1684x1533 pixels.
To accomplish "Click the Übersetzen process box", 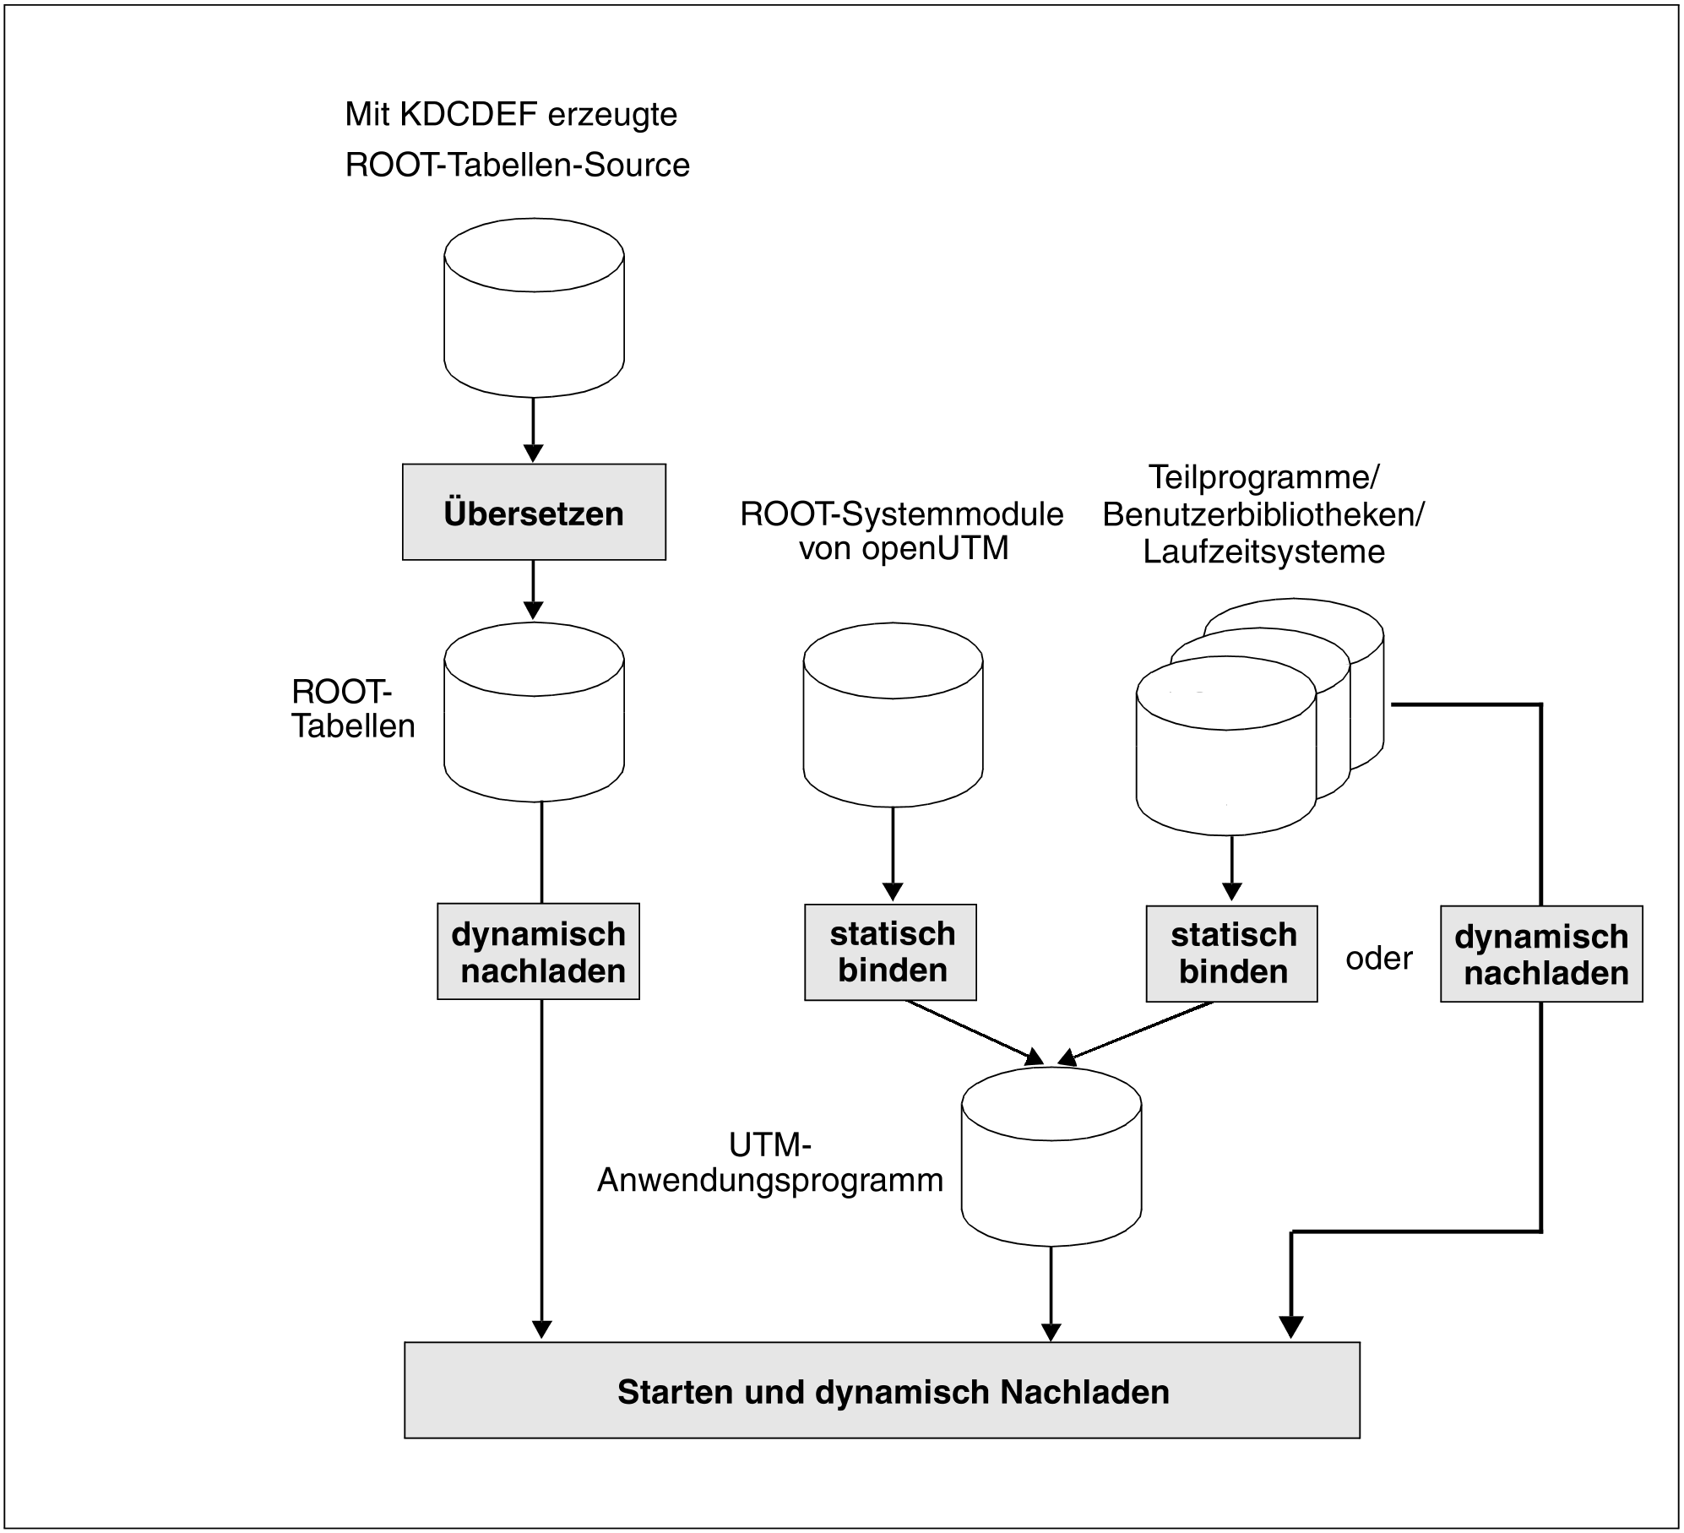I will click(534, 512).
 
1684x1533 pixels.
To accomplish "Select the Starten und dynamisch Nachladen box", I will click(882, 1391).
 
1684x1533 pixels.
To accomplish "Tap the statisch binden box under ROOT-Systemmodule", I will click(890, 953).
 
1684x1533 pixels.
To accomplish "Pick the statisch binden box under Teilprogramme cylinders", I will click(1231, 954).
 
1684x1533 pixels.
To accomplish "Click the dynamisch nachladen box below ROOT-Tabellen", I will click(538, 952).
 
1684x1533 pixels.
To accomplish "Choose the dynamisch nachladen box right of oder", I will click(1541, 954).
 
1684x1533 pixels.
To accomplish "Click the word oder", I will click(1378, 959).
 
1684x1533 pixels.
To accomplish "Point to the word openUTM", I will click(935, 549).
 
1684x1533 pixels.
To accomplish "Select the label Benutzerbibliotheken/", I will click(1263, 514).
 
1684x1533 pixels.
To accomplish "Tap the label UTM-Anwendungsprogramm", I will click(770, 1163).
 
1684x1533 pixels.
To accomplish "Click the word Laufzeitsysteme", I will click(1263, 552).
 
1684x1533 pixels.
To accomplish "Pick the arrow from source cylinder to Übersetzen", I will click(533, 430).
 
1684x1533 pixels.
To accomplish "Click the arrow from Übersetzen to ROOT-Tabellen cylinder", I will click(533, 590).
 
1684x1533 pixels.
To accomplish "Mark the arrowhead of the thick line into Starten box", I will click(1291, 1327).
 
